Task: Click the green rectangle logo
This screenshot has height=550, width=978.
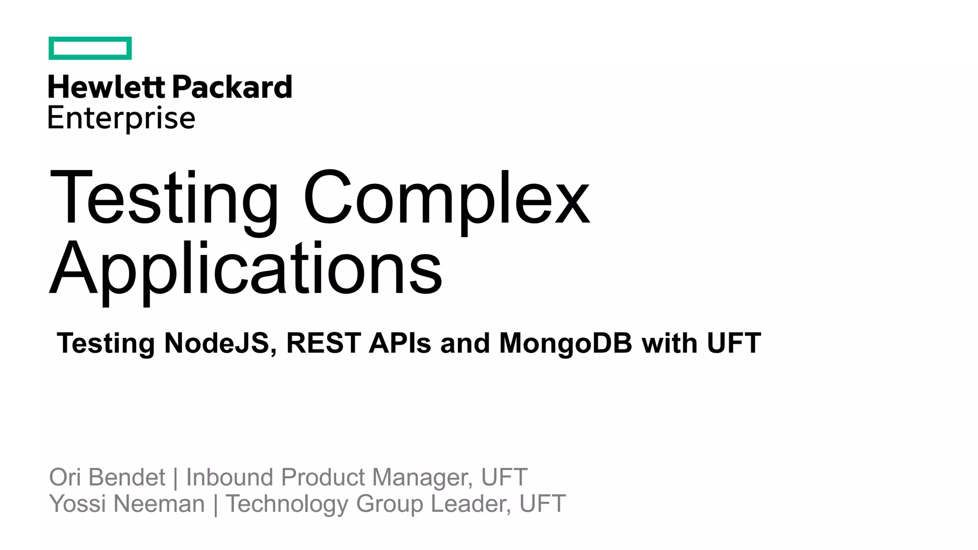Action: coord(90,48)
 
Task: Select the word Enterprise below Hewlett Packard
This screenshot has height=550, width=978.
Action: coord(122,118)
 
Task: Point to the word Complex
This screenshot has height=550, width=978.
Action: coord(446,198)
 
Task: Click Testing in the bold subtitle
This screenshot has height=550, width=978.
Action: coord(106,343)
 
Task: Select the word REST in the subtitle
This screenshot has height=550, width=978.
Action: coord(323,343)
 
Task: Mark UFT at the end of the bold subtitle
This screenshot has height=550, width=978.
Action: coord(734,343)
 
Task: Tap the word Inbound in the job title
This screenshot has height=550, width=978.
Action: coord(230,477)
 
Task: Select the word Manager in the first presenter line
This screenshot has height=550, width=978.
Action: coord(422,478)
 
